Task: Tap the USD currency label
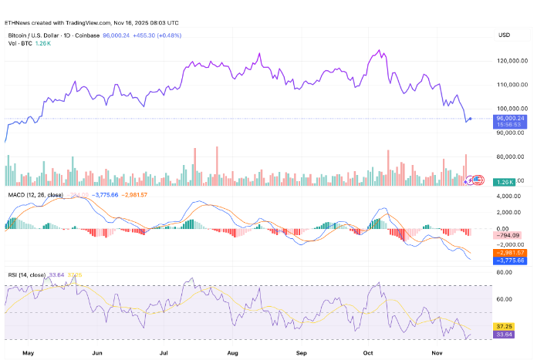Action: coord(505,35)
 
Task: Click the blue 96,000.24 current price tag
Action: coord(510,118)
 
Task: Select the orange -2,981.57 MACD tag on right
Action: coord(509,252)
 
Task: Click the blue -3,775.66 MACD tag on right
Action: coord(509,261)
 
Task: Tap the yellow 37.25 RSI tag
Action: coord(505,327)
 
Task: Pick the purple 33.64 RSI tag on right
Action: coord(505,335)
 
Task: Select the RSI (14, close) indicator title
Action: coord(29,274)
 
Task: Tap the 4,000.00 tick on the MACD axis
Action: coord(508,197)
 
